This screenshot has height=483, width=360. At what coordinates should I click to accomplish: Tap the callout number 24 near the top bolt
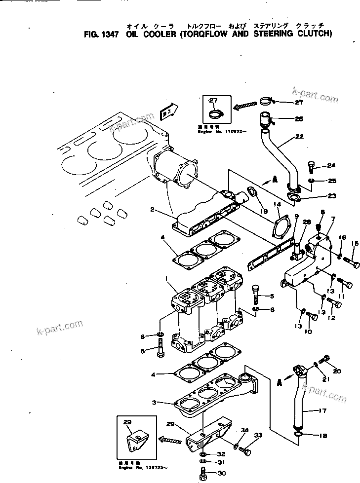click(331, 166)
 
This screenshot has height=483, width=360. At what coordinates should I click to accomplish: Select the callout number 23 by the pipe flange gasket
click(331, 196)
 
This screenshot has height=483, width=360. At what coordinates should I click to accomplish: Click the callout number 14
click(277, 204)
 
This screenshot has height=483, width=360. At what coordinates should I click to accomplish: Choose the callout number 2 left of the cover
click(154, 210)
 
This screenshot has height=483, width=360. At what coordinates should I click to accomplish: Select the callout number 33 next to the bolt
click(258, 436)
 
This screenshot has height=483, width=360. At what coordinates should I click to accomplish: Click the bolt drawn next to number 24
click(311, 166)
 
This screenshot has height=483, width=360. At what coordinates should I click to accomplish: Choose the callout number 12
click(331, 318)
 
